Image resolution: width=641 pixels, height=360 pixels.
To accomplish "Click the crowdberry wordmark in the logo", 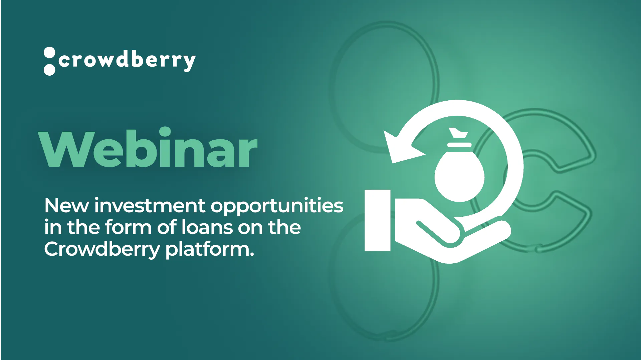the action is coord(127,61).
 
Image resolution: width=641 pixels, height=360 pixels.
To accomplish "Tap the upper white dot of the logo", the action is coord(49,53).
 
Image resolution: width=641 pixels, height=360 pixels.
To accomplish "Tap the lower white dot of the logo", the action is coord(49,70).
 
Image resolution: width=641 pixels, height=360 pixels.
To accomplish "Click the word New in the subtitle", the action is coord(66,206).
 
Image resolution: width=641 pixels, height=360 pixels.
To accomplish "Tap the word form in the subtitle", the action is coord(128,227).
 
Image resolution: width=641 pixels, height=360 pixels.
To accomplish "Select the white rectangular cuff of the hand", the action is coord(378,220).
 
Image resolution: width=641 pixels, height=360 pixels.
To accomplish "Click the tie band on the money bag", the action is coord(459,145).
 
